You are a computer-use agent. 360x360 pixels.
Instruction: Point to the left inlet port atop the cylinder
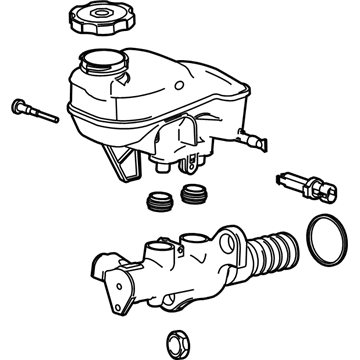(160, 245)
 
